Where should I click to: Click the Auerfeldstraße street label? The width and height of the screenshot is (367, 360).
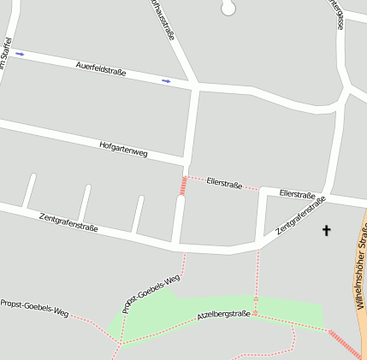tap(101, 68)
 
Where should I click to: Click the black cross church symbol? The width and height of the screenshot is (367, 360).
tap(326, 230)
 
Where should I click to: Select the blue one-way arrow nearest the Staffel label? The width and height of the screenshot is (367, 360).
tap(20, 54)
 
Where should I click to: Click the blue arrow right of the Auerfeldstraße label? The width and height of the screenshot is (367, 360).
tap(166, 81)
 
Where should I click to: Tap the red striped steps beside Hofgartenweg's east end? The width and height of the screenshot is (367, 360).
tap(183, 185)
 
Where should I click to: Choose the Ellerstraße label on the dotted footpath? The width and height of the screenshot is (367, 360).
tap(224, 183)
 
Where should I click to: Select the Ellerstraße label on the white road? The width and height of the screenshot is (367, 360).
tap(297, 195)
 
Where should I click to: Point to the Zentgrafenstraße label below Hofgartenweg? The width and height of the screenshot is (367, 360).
tap(68, 223)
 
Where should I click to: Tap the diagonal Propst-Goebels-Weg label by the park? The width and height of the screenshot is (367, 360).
tap(151, 293)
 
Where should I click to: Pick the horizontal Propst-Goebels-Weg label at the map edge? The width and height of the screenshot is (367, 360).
tap(34, 308)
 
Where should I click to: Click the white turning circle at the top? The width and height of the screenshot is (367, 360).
tap(228, 8)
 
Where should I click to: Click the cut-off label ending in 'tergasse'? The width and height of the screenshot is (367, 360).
tap(336, 15)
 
